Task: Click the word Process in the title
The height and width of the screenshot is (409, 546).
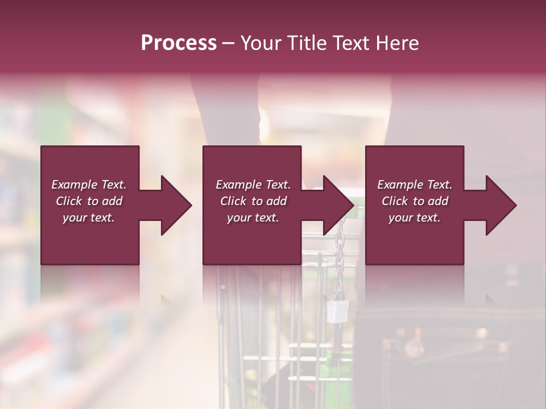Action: pos(179,43)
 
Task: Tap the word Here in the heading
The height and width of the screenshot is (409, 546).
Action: pos(396,43)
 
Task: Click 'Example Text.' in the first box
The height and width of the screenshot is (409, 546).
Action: pos(89,185)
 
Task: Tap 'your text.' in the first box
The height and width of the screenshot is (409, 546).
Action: pos(89,218)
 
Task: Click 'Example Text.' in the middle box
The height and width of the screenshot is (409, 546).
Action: pos(253,185)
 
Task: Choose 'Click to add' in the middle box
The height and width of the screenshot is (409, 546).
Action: pos(253,201)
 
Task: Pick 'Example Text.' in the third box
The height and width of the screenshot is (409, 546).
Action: pos(415,185)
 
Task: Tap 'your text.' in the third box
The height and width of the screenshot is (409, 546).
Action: pos(415,218)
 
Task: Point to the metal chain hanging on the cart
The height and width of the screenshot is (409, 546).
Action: pos(340,250)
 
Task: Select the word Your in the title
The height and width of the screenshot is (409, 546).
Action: pos(258,43)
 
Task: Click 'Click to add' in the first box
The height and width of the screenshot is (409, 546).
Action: pos(89,201)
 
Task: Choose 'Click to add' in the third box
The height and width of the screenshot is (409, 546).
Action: pos(415,201)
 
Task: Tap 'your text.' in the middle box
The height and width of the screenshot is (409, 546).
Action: pos(253,218)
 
